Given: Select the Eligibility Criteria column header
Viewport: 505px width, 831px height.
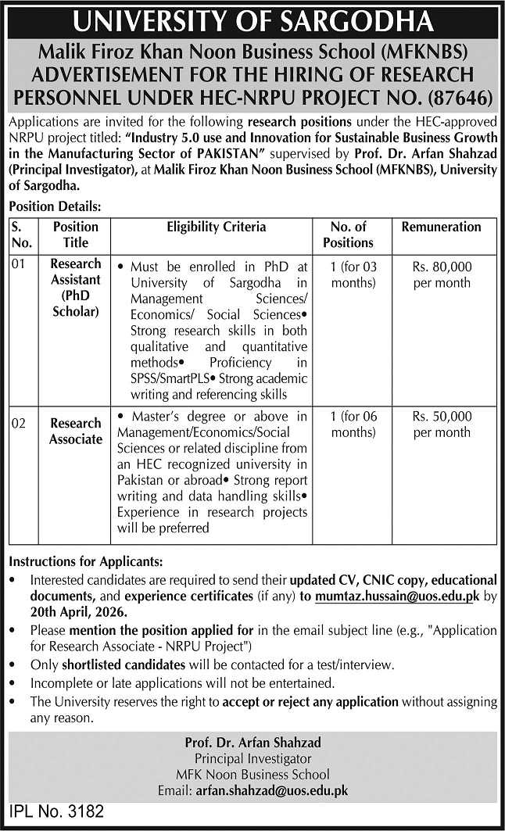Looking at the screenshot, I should pos(217,227).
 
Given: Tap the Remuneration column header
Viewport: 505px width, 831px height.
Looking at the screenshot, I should pos(441,227).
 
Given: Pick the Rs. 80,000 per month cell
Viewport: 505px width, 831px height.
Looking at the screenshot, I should pos(441,274).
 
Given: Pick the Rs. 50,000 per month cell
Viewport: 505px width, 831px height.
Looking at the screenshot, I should pos(441,424).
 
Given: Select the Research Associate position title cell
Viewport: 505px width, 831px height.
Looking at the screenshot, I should pos(76,432).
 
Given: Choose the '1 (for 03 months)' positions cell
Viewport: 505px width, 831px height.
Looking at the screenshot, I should pos(353,274).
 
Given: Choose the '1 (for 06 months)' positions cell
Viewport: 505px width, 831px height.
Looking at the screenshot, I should pos(353,424).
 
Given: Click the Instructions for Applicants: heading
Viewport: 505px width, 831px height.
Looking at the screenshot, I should pos(86,561).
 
